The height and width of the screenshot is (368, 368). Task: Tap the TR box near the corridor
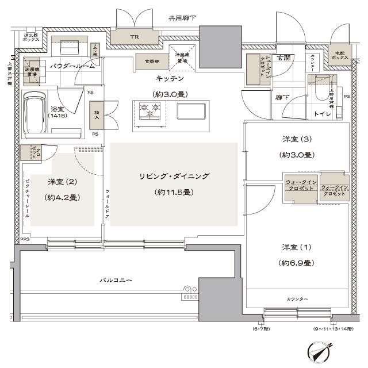[134, 37]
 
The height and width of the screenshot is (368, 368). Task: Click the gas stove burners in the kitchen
[151, 109]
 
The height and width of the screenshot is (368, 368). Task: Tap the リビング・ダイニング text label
[173, 177]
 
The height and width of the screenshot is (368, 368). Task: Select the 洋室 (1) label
[297, 248]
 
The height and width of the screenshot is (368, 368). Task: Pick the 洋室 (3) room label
[297, 140]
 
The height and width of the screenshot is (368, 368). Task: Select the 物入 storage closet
[95, 114]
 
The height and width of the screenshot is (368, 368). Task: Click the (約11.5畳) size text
[173, 192]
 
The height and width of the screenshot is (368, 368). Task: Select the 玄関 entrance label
[282, 58]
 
